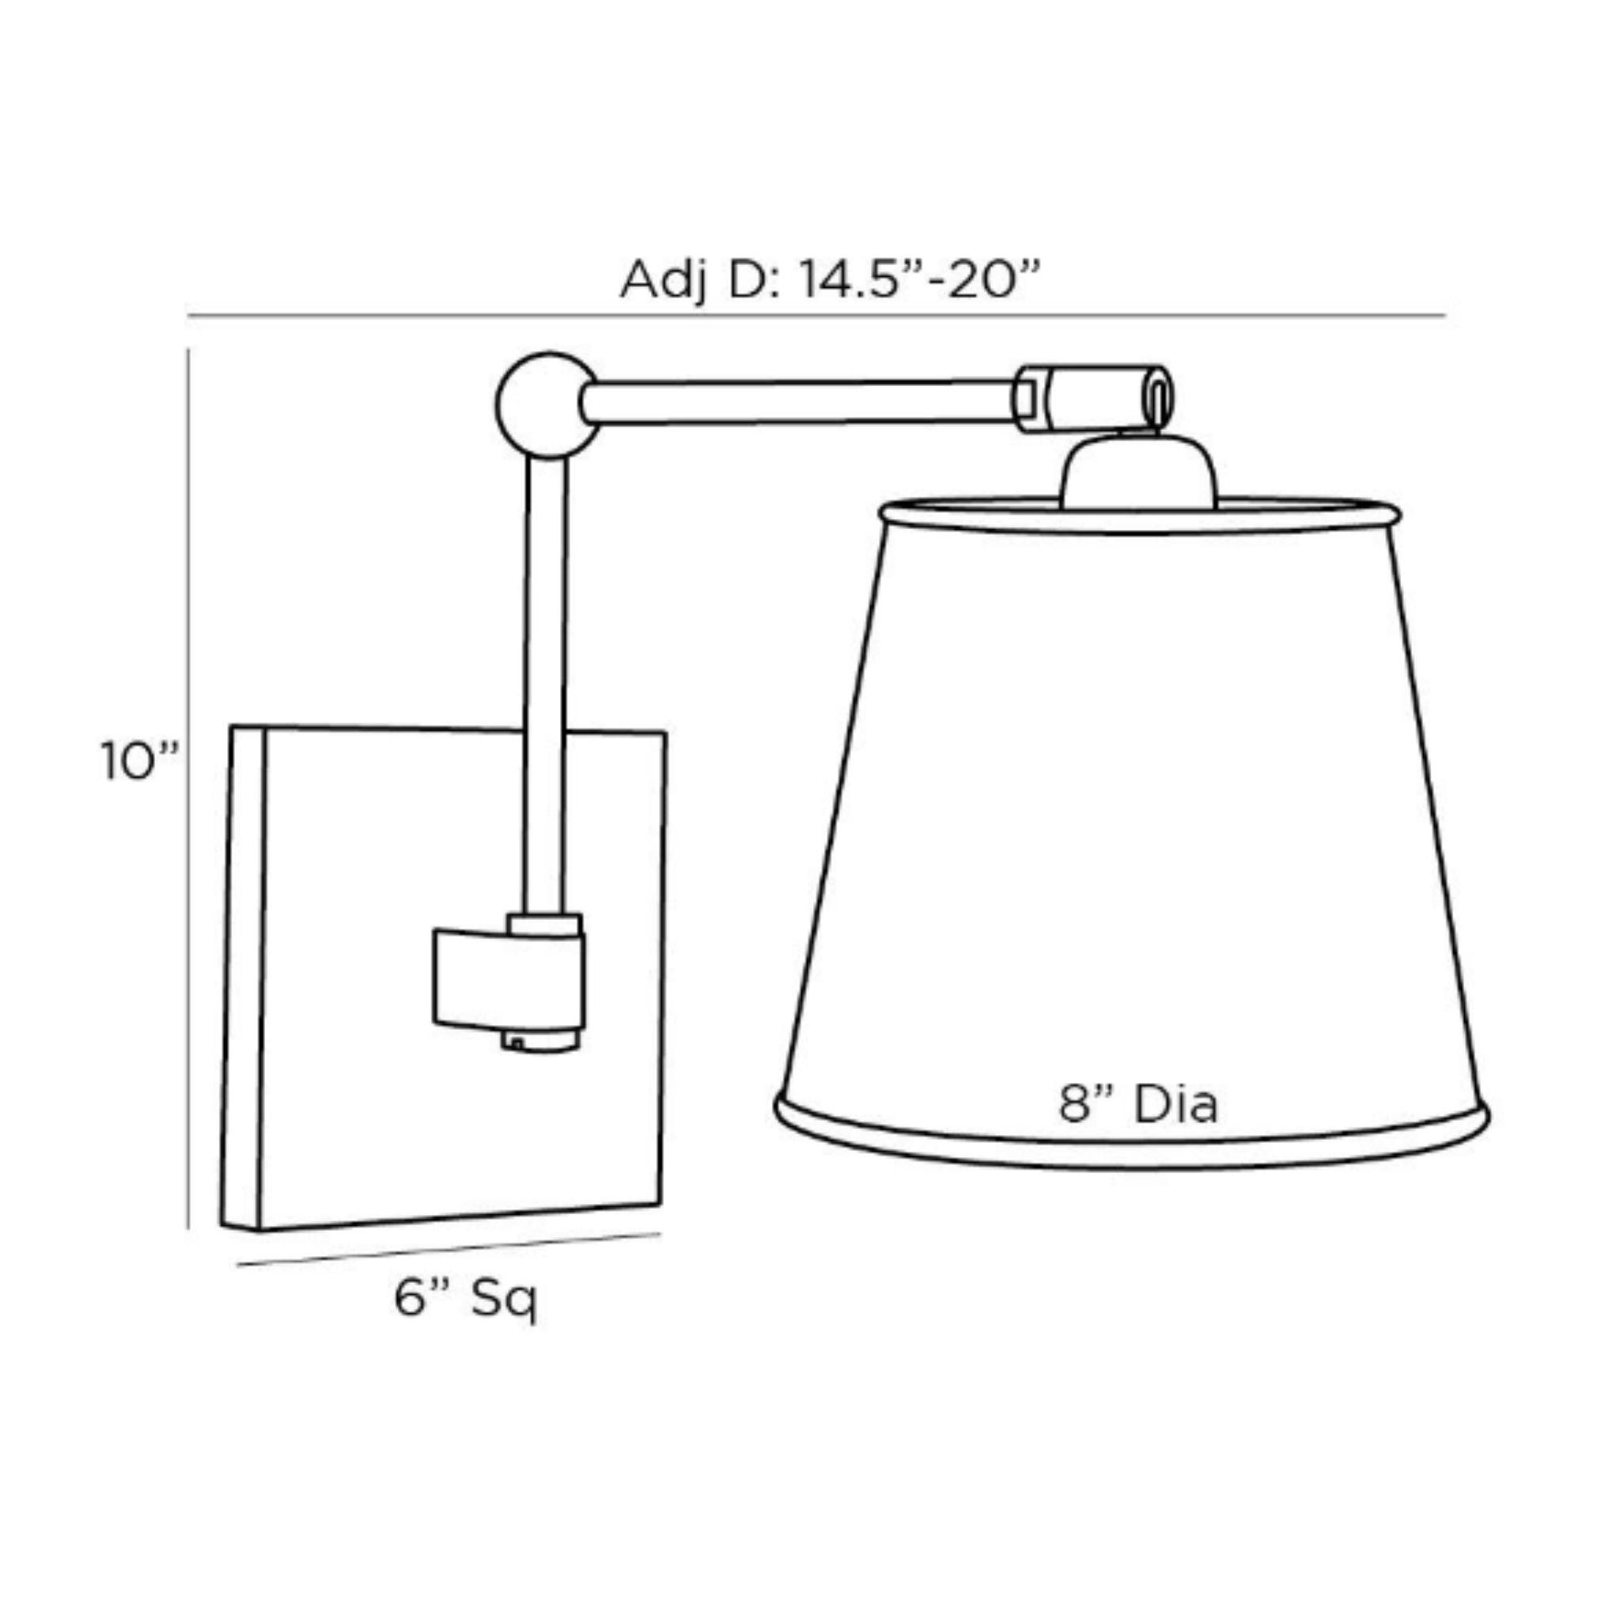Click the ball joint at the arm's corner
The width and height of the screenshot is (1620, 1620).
click(x=547, y=405)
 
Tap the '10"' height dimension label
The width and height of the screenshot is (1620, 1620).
click(x=140, y=762)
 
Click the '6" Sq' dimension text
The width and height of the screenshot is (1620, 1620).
click(x=466, y=1300)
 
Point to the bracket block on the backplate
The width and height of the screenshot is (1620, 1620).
click(x=508, y=980)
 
